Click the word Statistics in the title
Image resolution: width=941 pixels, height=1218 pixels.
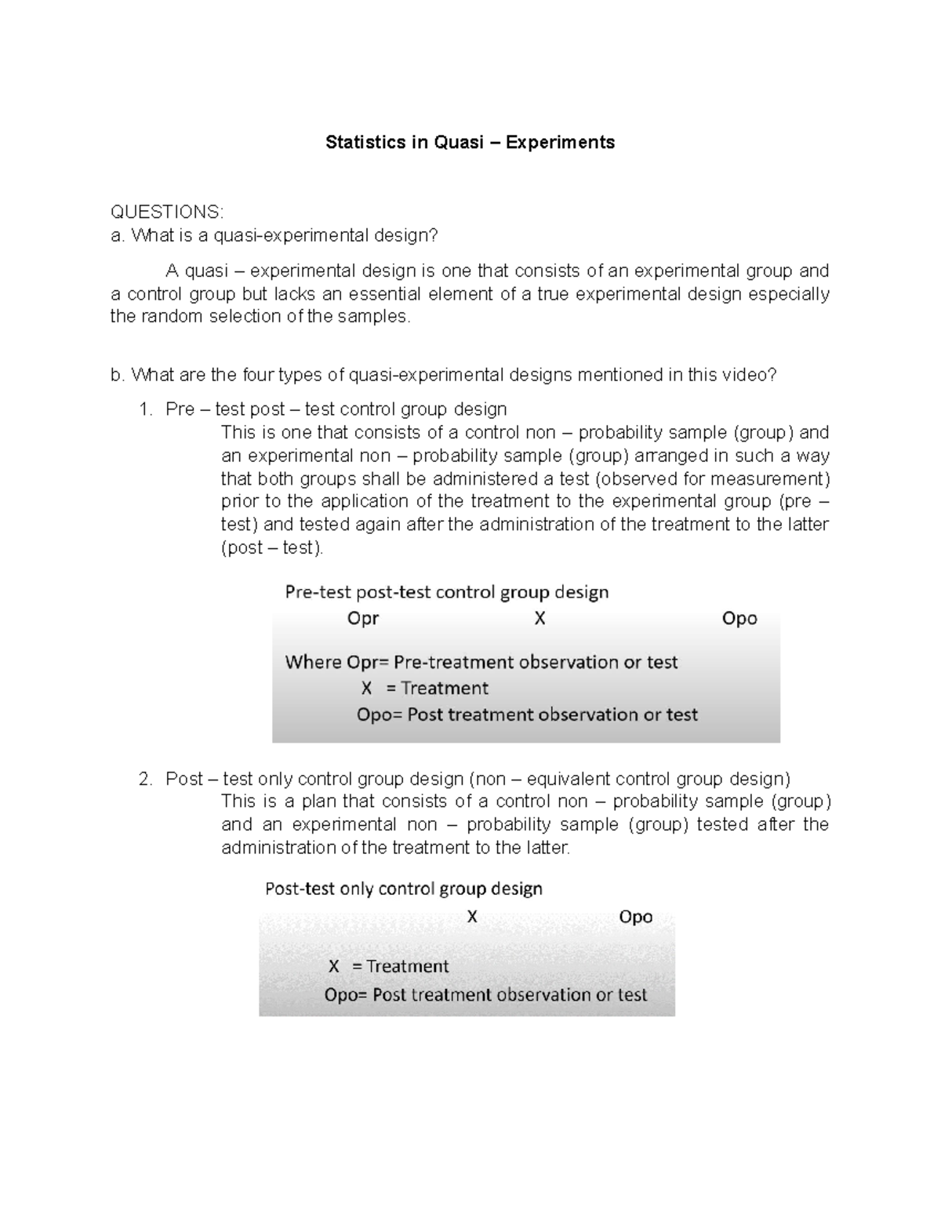pyautogui.click(x=363, y=143)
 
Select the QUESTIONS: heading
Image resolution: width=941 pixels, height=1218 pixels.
pyautogui.click(x=167, y=212)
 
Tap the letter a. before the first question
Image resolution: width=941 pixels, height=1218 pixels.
pyautogui.click(x=118, y=235)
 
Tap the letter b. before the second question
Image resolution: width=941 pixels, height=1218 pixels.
pyautogui.click(x=118, y=375)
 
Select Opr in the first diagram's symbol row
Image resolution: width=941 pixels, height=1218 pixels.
pyautogui.click(x=363, y=619)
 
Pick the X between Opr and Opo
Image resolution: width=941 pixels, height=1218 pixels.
pyautogui.click(x=540, y=619)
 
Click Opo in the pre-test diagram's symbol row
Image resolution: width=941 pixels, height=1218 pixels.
pyautogui.click(x=739, y=619)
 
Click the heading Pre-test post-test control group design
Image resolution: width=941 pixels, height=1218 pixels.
pyautogui.click(x=446, y=592)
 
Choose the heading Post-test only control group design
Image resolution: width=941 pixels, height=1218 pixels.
pyautogui.click(x=404, y=889)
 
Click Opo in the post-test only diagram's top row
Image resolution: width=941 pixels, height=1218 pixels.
pyautogui.click(x=635, y=917)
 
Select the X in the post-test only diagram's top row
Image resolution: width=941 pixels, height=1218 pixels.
pyautogui.click(x=472, y=917)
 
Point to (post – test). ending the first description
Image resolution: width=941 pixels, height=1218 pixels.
pyautogui.click(x=272, y=547)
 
